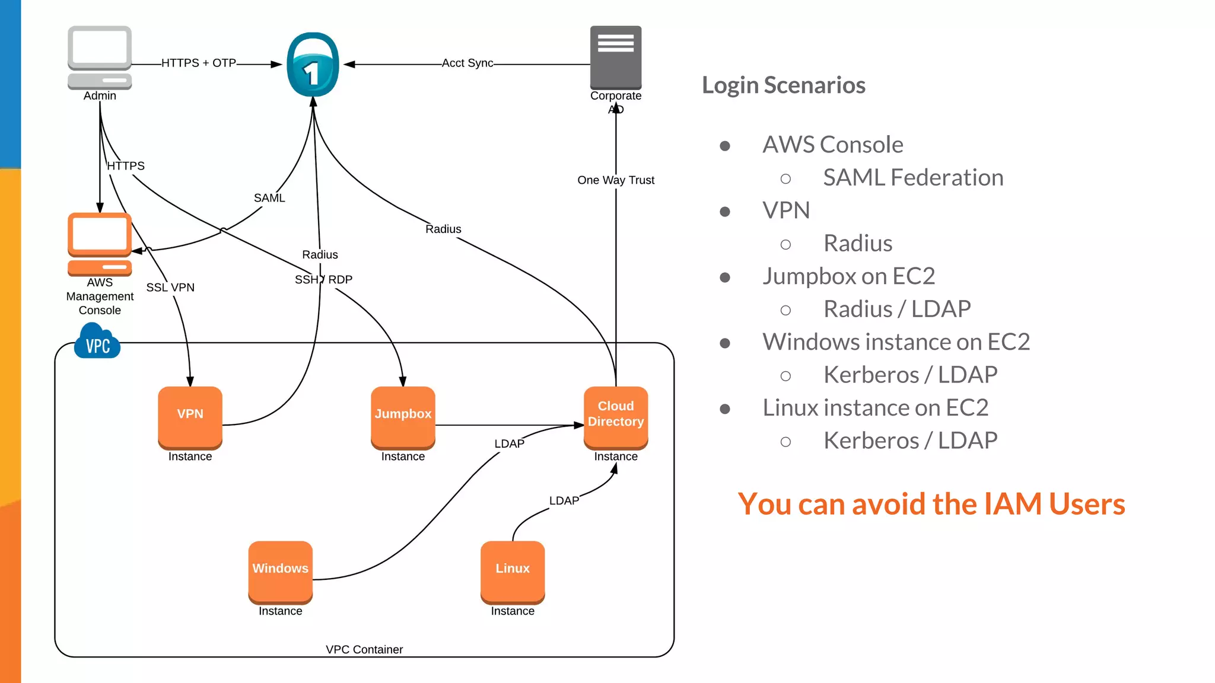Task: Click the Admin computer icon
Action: click(100, 57)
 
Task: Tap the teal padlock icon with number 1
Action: click(313, 65)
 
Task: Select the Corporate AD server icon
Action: click(615, 57)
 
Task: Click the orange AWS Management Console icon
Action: click(100, 244)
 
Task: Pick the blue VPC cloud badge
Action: click(97, 342)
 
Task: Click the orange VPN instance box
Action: click(190, 417)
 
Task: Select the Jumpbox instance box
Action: click(403, 417)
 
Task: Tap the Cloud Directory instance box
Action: click(615, 417)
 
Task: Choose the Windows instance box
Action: click(280, 571)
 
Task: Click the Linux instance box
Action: click(513, 571)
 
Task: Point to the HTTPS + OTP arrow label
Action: click(199, 63)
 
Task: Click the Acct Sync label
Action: click(467, 63)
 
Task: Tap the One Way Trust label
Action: click(615, 180)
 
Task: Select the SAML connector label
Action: click(269, 198)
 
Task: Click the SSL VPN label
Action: click(170, 288)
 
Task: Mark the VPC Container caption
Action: click(364, 650)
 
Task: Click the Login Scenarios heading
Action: click(783, 85)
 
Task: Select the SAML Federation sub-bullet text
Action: click(912, 178)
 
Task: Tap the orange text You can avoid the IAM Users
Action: click(931, 505)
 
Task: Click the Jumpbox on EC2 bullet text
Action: click(848, 276)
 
